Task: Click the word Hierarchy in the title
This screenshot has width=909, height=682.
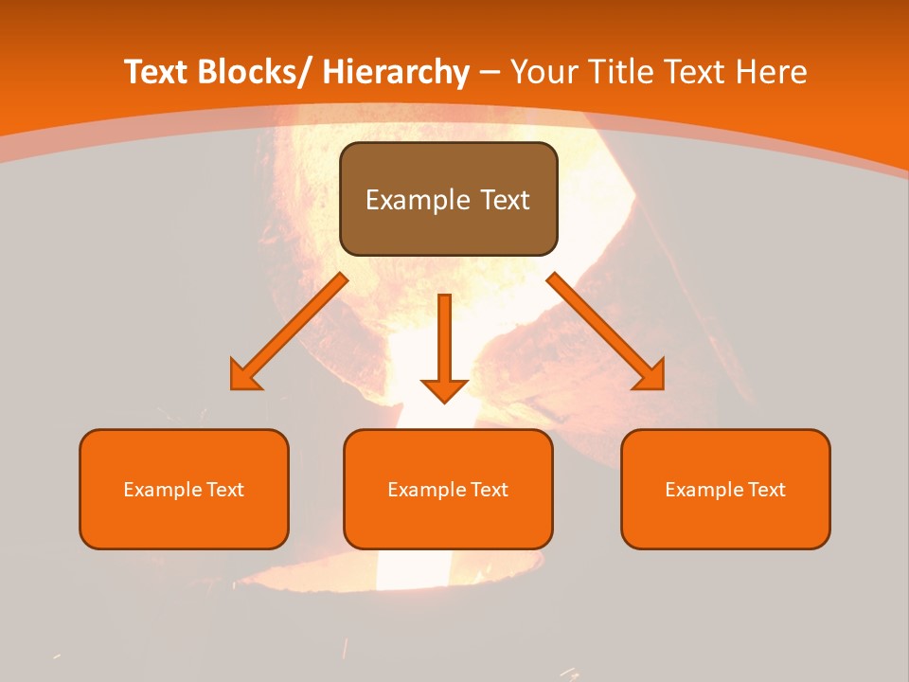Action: (396, 72)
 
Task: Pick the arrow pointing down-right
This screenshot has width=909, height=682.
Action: (606, 332)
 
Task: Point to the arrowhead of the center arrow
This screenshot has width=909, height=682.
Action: (444, 390)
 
